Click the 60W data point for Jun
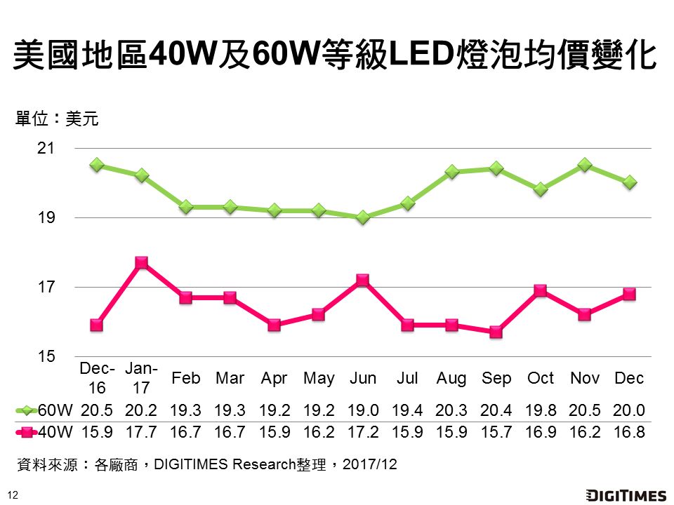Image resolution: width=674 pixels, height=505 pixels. coord(363,217)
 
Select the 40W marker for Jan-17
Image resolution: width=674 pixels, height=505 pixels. coord(141,262)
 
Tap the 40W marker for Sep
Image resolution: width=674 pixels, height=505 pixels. coord(496,332)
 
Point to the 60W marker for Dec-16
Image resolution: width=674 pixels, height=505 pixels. coord(97,165)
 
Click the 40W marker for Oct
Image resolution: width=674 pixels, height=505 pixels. coord(541,290)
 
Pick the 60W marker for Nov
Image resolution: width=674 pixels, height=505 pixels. coord(585,165)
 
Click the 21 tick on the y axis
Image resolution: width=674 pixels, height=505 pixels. coord(46,149)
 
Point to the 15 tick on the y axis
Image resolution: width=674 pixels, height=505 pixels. coord(46,356)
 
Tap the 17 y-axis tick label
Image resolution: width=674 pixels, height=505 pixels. coord(46,288)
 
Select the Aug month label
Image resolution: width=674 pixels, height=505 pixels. coord(451,379)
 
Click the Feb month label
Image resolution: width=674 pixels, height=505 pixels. coord(186,379)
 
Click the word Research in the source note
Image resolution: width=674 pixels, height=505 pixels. coord(263,464)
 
